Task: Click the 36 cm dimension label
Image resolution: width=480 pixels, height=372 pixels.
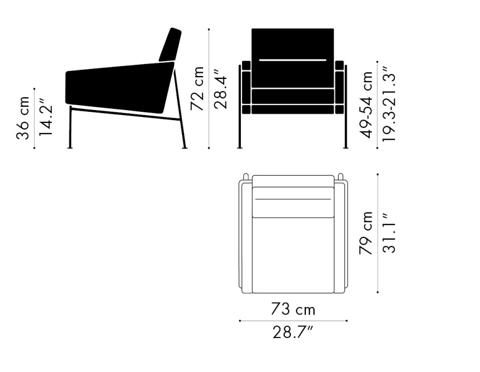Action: coord(23,118)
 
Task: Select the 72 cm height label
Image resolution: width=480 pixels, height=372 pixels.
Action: coord(197,88)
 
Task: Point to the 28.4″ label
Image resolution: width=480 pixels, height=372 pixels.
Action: coord(220,89)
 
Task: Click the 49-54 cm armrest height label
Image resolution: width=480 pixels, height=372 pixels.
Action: coord(366,105)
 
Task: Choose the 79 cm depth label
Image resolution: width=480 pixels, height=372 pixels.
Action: coord(366,233)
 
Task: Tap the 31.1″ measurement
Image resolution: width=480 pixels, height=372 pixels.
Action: coord(389,233)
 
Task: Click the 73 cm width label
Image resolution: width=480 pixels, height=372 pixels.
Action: coord(293,309)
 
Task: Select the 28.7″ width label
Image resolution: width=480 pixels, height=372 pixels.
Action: coord(293,332)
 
